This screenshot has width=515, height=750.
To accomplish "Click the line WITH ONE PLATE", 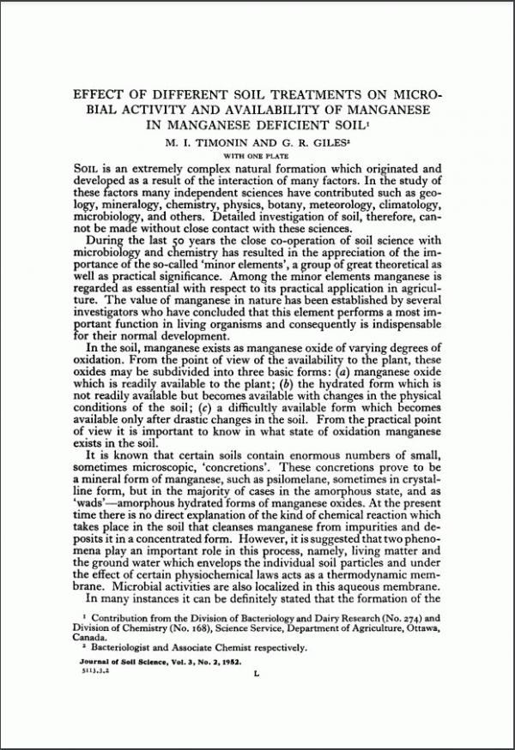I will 257,155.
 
